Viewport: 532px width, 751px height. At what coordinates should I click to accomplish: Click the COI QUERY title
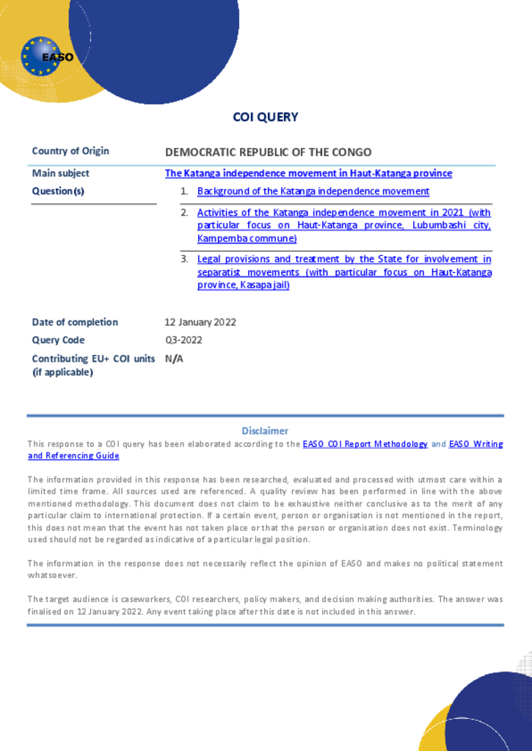(x=266, y=117)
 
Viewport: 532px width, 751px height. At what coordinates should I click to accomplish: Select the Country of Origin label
(x=70, y=151)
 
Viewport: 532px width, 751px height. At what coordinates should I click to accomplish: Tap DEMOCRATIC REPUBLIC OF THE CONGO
(x=268, y=153)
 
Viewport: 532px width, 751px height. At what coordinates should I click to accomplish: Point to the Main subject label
(x=60, y=173)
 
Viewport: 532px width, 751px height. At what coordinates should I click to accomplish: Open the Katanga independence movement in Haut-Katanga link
(x=308, y=174)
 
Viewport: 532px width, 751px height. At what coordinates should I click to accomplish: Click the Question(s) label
(x=58, y=191)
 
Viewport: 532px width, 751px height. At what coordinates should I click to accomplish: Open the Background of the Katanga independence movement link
(x=313, y=191)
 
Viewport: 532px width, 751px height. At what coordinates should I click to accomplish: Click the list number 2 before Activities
(x=184, y=213)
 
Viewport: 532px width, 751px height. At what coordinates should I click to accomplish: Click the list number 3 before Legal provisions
(x=184, y=259)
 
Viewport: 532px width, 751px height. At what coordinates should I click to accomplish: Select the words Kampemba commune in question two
(x=246, y=239)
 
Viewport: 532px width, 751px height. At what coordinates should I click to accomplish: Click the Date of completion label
(x=75, y=322)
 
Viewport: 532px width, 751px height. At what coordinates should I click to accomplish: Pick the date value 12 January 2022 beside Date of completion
(x=200, y=322)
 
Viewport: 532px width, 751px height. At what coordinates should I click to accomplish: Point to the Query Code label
(x=58, y=340)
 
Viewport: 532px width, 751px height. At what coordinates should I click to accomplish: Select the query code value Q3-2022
(x=183, y=340)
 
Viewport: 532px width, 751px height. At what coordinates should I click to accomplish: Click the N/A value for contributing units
(x=174, y=359)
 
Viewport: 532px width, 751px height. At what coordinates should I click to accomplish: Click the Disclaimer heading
(x=265, y=431)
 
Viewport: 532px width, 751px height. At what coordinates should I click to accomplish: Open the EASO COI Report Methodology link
(x=365, y=444)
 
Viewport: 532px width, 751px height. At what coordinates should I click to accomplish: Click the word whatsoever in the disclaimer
(x=52, y=576)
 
